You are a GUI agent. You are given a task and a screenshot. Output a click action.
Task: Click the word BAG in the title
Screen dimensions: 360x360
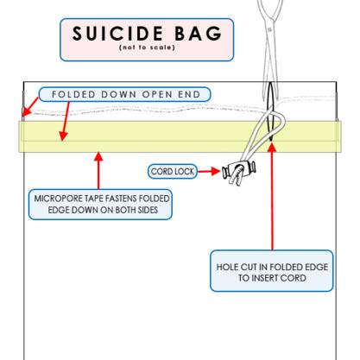[199, 33]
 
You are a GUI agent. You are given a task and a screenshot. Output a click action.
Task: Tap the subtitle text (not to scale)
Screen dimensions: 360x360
[147, 47]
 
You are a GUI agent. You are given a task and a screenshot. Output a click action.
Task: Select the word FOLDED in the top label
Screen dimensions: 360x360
[73, 94]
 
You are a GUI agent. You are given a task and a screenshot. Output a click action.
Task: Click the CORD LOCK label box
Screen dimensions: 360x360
[173, 172]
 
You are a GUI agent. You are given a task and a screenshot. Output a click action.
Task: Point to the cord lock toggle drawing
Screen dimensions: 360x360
[239, 171]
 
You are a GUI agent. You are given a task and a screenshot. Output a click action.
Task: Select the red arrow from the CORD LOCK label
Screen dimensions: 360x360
[209, 171]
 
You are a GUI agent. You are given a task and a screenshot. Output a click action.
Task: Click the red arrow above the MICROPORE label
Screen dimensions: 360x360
[98, 170]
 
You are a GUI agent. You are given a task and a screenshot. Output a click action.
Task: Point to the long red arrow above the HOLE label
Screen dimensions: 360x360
[272, 196]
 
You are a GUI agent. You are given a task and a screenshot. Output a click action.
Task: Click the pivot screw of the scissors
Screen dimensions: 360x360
[269, 29]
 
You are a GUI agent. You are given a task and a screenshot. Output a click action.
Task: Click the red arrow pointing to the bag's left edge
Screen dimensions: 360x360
[29, 107]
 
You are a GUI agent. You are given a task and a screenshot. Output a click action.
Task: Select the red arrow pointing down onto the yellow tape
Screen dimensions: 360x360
[66, 122]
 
